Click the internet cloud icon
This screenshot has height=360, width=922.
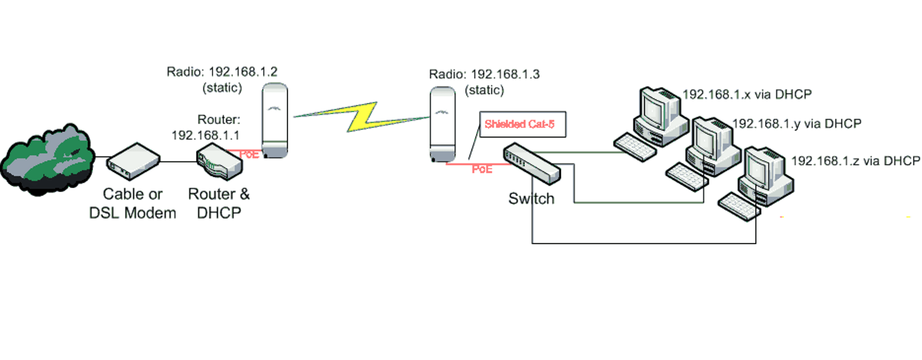click(47, 158)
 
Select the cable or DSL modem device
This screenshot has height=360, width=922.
click(133, 161)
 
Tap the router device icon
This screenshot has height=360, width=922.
click(219, 162)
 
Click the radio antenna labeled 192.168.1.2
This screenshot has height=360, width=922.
click(275, 120)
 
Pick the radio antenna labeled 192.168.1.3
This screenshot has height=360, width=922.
click(442, 124)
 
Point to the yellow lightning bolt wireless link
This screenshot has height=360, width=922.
click(362, 117)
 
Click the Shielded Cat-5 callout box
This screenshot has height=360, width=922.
click(522, 124)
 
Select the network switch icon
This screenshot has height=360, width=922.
click(531, 163)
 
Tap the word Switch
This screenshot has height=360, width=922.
click(531, 199)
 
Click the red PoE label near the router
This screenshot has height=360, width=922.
click(249, 155)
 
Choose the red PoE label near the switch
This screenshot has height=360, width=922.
click(482, 169)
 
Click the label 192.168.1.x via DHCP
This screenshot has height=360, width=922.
click(747, 95)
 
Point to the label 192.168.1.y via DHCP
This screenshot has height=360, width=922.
click(797, 124)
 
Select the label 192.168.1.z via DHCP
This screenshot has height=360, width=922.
click(855, 161)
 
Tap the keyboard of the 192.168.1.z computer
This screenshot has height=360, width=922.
click(739, 206)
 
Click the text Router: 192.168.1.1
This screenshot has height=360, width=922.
click(206, 128)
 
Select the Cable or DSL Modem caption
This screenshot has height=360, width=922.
click(133, 204)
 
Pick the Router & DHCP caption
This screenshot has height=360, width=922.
click(219, 204)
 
